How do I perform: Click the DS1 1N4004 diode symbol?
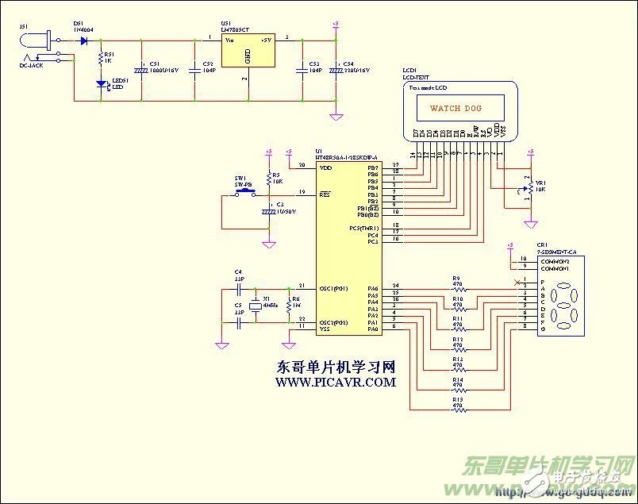83,40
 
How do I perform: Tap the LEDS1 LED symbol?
100,83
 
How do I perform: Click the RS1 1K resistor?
100,58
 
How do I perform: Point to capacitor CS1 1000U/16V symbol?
141,70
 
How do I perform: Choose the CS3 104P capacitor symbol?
300,70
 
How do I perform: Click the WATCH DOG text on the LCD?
455,107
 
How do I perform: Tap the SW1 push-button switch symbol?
244,192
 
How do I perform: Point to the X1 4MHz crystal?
254,306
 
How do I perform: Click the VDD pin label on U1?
325,168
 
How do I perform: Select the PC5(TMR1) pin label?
364,228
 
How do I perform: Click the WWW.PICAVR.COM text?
335,383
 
